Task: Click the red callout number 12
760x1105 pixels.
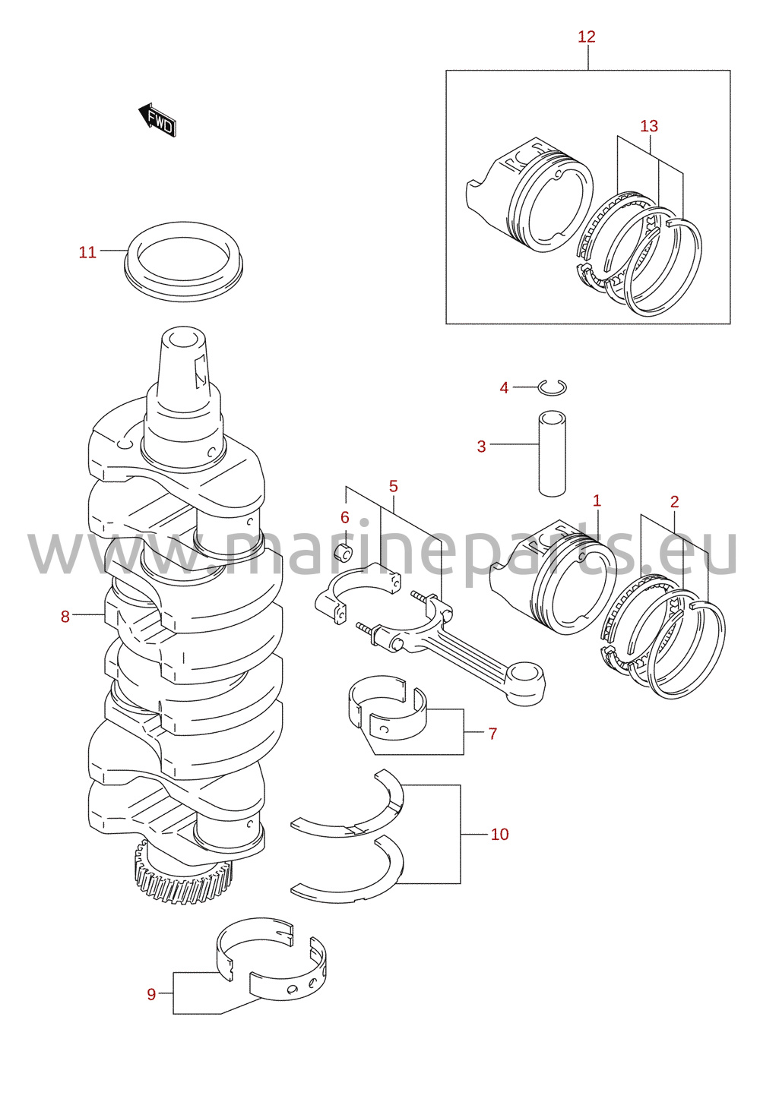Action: (x=587, y=36)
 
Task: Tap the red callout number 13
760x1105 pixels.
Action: (x=649, y=126)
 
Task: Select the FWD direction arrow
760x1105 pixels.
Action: (x=157, y=120)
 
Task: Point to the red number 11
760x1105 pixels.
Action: (x=87, y=253)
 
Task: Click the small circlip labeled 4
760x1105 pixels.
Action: (x=553, y=388)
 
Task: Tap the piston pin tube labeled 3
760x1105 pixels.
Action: (x=553, y=453)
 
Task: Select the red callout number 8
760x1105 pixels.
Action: (x=65, y=617)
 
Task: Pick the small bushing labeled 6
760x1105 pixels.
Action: (x=344, y=554)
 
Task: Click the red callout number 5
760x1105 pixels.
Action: (x=394, y=486)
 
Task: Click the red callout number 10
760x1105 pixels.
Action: (x=499, y=835)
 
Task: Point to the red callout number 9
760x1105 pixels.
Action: (x=151, y=995)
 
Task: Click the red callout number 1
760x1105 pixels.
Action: (x=597, y=501)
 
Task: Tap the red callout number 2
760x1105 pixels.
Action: (x=675, y=502)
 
